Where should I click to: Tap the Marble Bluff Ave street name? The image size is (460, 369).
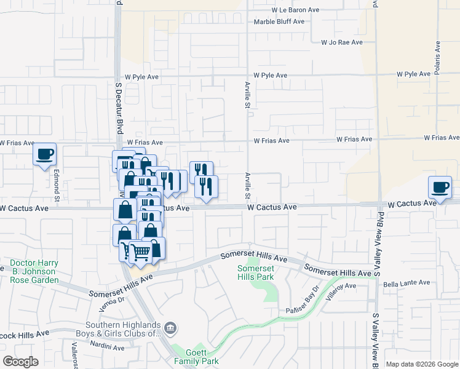(x=279, y=22)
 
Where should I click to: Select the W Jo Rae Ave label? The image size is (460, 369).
(x=341, y=42)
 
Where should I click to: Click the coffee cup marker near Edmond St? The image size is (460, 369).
(x=44, y=154)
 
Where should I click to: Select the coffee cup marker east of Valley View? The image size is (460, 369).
(x=440, y=188)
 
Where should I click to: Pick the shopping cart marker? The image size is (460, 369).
(x=140, y=252)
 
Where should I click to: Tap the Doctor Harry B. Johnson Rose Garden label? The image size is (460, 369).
(x=34, y=271)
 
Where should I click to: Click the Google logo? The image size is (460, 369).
(x=21, y=362)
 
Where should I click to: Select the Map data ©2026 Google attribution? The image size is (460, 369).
(x=421, y=364)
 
